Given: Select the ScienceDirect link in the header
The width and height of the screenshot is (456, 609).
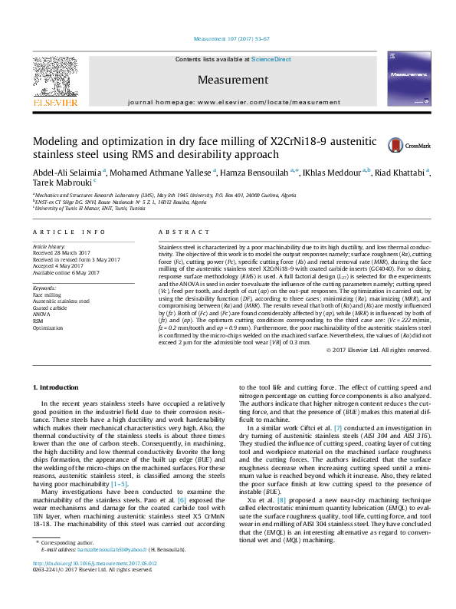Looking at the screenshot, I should click(x=272, y=59).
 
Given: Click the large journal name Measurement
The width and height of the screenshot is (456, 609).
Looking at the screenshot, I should click(x=228, y=80).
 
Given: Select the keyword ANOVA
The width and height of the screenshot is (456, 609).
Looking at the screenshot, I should click(x=41, y=314).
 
